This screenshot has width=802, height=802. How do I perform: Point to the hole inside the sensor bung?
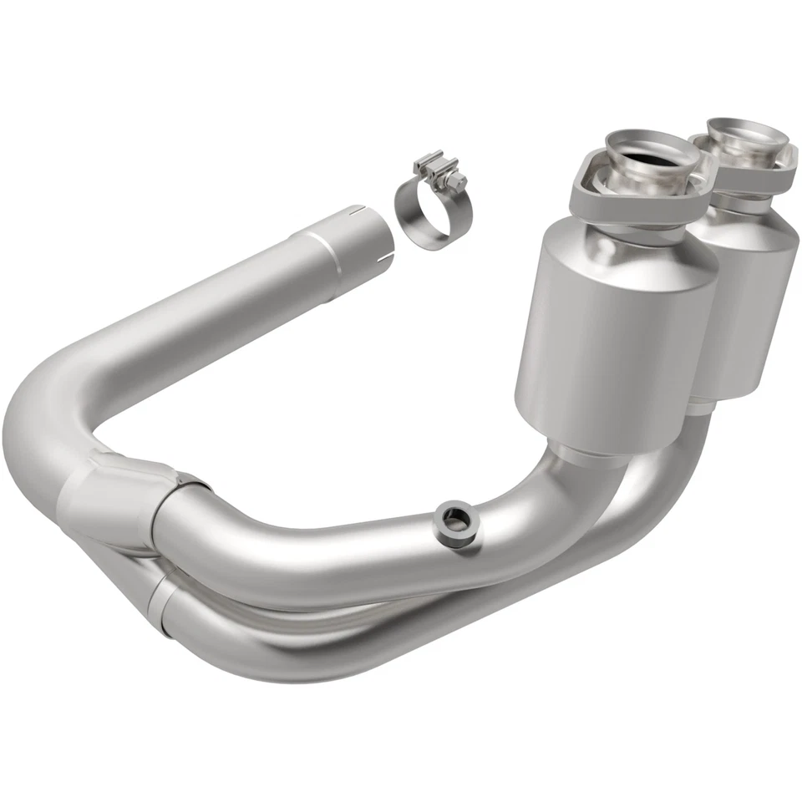453,522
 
